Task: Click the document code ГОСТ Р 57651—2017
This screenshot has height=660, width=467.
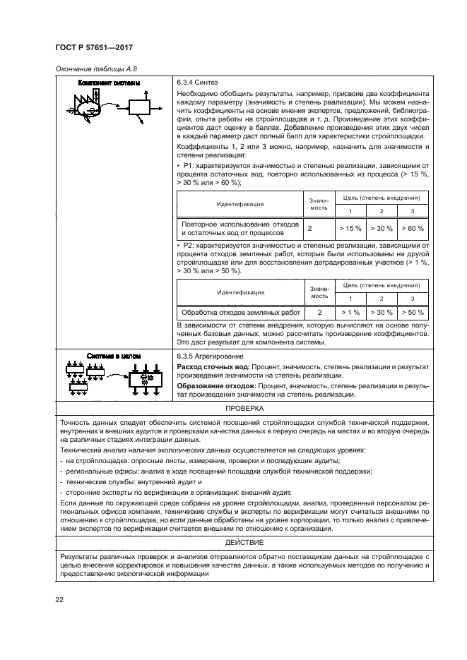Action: click(x=93, y=47)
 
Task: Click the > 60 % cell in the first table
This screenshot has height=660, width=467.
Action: click(x=412, y=228)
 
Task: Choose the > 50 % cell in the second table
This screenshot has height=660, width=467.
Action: click(x=412, y=311)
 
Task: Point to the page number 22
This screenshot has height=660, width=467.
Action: click(x=60, y=600)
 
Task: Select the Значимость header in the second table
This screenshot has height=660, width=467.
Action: click(x=319, y=291)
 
